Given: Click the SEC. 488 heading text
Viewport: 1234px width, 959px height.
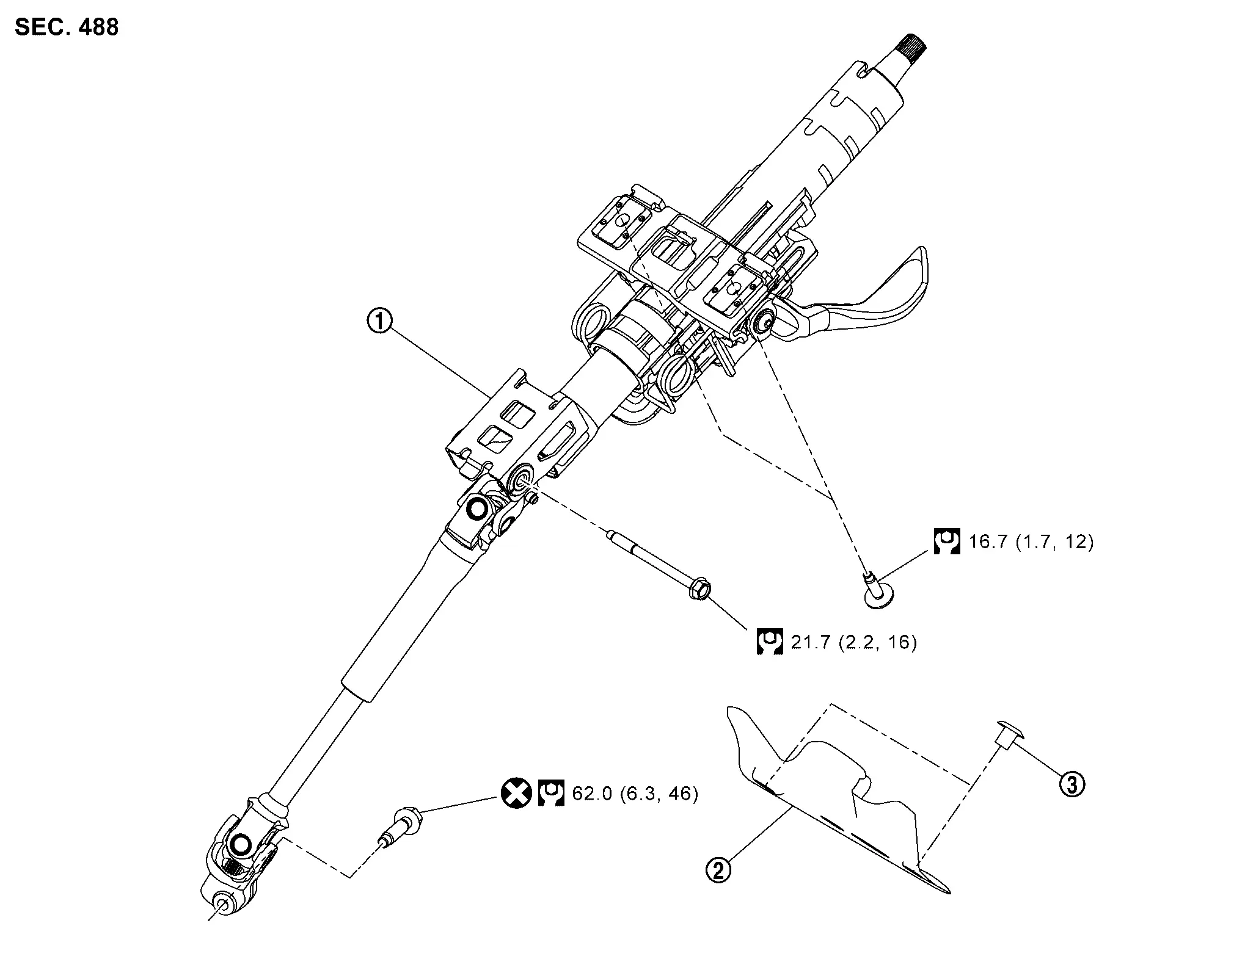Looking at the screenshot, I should (x=67, y=27).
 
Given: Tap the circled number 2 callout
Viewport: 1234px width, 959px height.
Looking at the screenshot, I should (x=718, y=869).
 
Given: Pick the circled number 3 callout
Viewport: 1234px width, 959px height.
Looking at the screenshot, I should (x=1072, y=784).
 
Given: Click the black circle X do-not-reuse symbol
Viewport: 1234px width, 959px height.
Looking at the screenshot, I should (x=516, y=794).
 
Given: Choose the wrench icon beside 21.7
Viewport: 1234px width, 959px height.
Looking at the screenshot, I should (x=770, y=642).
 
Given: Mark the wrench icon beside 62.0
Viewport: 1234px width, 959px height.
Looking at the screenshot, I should (x=551, y=794).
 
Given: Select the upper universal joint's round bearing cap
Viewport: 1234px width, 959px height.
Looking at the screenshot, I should (x=476, y=507).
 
